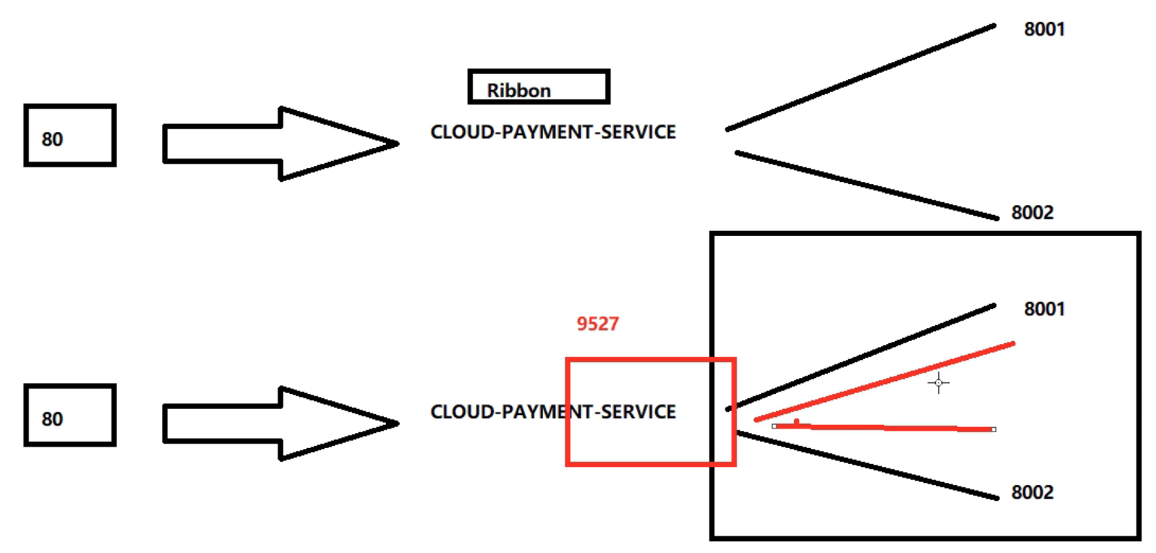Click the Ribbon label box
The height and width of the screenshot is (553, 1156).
538,87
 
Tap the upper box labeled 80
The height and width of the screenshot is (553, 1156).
69,136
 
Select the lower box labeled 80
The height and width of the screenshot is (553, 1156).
69,415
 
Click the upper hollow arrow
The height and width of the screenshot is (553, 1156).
279,143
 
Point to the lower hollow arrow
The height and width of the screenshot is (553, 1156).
279,423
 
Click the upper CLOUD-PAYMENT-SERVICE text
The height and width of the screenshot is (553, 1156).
553,132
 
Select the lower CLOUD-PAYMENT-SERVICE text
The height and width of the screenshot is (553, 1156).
553,412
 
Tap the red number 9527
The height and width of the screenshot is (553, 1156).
597,324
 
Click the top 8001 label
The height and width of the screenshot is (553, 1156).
1044,30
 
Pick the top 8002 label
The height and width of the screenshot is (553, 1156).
1032,213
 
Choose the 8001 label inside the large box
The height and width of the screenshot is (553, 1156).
1044,309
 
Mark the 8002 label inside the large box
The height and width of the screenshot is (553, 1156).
1032,493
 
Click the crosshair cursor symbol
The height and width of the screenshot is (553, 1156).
938,383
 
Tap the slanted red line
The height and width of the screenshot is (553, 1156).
884,382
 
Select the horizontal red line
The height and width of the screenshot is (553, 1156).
884,428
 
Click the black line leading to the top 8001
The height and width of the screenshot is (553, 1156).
860,77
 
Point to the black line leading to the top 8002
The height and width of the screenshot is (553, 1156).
866,186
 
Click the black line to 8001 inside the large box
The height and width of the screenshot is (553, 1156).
860,357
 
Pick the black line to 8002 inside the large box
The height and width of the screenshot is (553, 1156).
866,465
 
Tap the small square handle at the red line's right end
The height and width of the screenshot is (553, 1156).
994,429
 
